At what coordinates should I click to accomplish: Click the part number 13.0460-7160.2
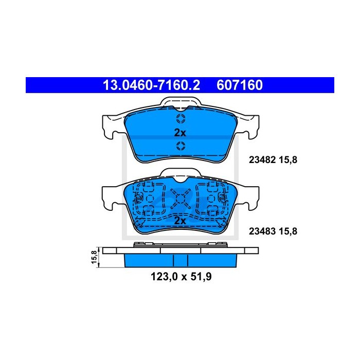[152, 85]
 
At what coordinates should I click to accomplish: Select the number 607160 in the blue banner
[240, 85]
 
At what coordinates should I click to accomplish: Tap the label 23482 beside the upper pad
[262, 160]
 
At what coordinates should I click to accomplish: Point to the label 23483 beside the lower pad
[262, 231]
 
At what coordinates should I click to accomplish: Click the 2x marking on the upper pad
[180, 133]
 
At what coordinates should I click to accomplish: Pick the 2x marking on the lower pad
[180, 221]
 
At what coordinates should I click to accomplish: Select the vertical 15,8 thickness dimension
[94, 257]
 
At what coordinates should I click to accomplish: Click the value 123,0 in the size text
[164, 277]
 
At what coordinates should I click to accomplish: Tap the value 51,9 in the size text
[200, 277]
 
